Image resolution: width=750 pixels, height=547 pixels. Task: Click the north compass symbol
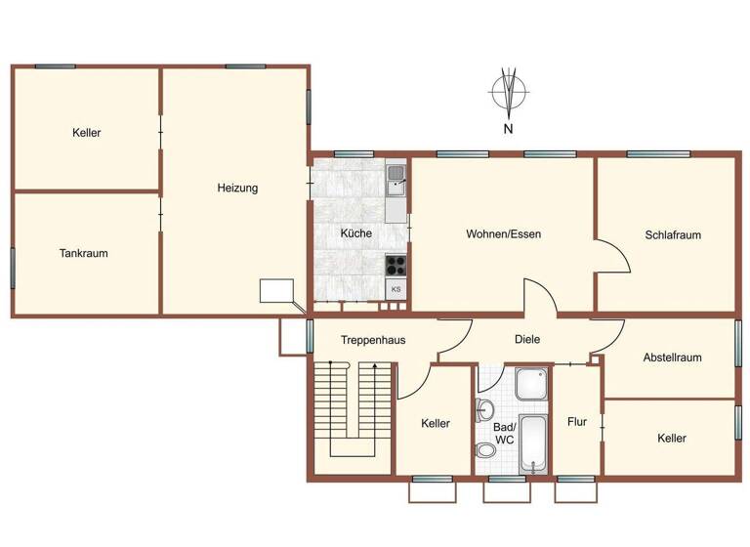pyautogui.click(x=508, y=92)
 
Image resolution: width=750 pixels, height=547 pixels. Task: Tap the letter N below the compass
pyautogui.click(x=508, y=129)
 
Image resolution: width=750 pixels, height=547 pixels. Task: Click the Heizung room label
pyautogui.click(x=237, y=189)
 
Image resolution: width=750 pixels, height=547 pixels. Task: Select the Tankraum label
pyautogui.click(x=83, y=253)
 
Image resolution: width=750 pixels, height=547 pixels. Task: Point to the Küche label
pyautogui.click(x=355, y=233)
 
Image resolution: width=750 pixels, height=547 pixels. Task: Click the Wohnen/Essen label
pyautogui.click(x=503, y=234)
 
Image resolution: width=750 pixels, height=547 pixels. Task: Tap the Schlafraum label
pyautogui.click(x=673, y=235)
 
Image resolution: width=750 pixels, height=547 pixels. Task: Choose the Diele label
pyautogui.click(x=527, y=339)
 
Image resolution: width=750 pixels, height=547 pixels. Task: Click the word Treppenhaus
pyautogui.click(x=373, y=340)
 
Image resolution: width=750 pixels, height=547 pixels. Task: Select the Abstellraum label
pyautogui.click(x=672, y=358)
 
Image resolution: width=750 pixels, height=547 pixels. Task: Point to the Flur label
pyautogui.click(x=577, y=422)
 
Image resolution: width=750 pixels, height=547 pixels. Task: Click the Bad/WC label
pyautogui.click(x=505, y=433)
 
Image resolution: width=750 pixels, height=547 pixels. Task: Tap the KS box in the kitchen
pyautogui.click(x=396, y=289)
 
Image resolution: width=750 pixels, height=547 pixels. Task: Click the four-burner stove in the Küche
pyautogui.click(x=396, y=263)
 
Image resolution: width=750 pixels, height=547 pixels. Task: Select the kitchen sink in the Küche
pyautogui.click(x=396, y=177)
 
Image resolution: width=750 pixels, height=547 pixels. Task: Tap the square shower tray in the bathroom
pyautogui.click(x=532, y=384)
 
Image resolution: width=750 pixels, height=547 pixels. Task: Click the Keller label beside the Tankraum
pyautogui.click(x=87, y=133)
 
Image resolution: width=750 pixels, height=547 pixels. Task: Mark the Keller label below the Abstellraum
pyautogui.click(x=671, y=439)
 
